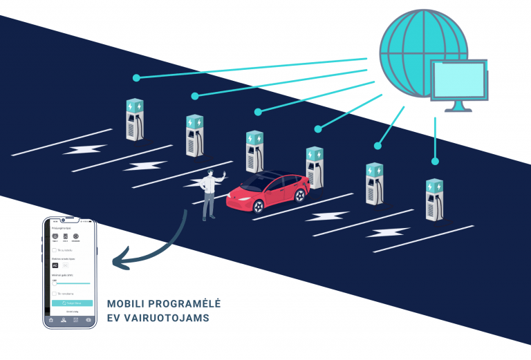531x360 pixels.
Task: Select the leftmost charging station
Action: click(135, 119)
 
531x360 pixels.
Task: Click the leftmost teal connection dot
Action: click(136, 77)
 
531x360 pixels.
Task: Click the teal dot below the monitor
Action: click(435, 161)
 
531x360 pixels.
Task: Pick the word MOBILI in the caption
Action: click(127, 304)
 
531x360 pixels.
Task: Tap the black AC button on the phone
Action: click(55, 265)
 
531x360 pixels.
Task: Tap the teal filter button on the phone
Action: click(72, 303)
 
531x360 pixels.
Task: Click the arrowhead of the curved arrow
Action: click(119, 261)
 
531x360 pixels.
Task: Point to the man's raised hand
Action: click(223, 172)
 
